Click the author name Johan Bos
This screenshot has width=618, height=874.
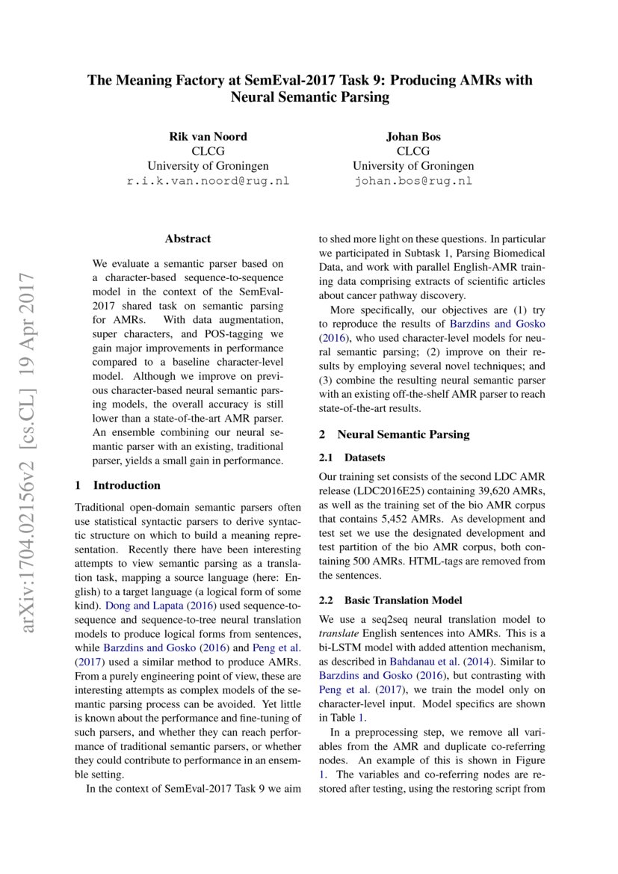413,136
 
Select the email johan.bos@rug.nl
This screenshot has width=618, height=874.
413,181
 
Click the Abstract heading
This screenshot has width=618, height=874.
188,239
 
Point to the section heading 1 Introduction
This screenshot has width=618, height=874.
118,485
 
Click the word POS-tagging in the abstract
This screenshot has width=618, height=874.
242,334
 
